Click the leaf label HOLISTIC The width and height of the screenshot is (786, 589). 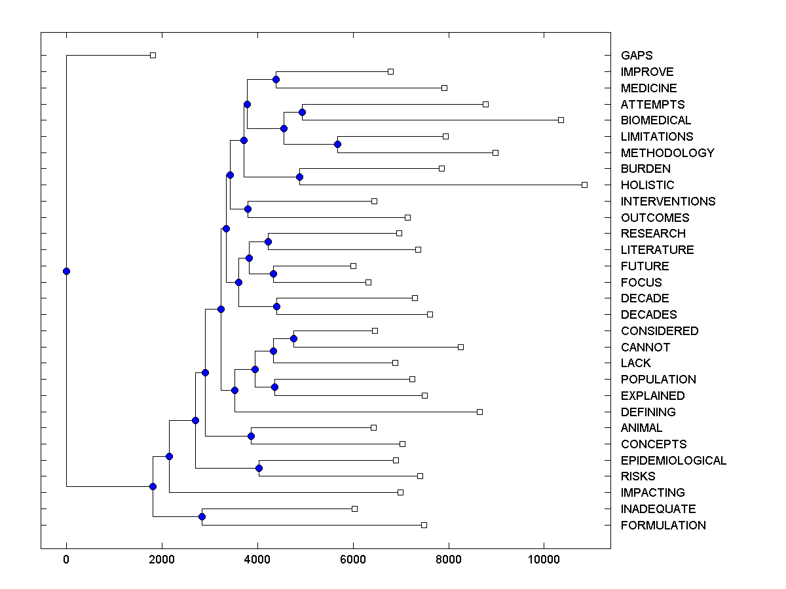point(647,185)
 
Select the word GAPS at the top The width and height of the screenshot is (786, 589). point(637,56)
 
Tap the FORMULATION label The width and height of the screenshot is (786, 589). point(663,526)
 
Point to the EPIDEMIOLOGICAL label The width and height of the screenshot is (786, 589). point(673,461)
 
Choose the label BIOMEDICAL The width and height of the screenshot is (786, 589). point(656,120)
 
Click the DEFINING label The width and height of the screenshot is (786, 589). point(648,412)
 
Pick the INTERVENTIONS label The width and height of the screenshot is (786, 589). point(668,202)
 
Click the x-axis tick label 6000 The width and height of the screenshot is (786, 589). point(353,560)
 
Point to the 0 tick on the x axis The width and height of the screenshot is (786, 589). point(66,560)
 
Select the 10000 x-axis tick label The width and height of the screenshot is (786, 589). point(544,560)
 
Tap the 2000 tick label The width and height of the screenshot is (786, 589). point(162,560)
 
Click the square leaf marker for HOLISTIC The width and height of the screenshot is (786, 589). point(584,185)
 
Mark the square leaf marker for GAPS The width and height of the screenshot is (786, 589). point(153,55)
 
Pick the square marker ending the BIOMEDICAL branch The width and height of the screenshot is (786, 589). point(561,120)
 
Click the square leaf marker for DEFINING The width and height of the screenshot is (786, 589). point(479,412)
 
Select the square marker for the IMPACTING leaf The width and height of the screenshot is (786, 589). point(400,492)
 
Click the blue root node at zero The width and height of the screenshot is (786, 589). point(66,271)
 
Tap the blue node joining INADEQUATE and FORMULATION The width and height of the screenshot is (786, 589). point(202,517)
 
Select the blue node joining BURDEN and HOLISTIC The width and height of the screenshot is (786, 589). point(299,177)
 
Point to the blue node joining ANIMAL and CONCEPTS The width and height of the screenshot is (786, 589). point(251,436)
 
